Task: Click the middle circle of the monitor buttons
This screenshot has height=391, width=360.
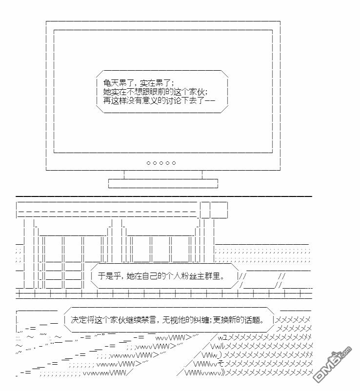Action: point(161,163)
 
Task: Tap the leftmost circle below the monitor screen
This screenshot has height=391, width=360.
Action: point(149,163)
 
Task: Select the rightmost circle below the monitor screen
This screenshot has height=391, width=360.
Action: point(174,163)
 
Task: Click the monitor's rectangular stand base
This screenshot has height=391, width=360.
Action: point(162,183)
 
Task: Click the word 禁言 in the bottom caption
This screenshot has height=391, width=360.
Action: point(145,320)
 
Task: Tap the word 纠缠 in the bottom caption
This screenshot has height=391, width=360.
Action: point(200,320)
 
